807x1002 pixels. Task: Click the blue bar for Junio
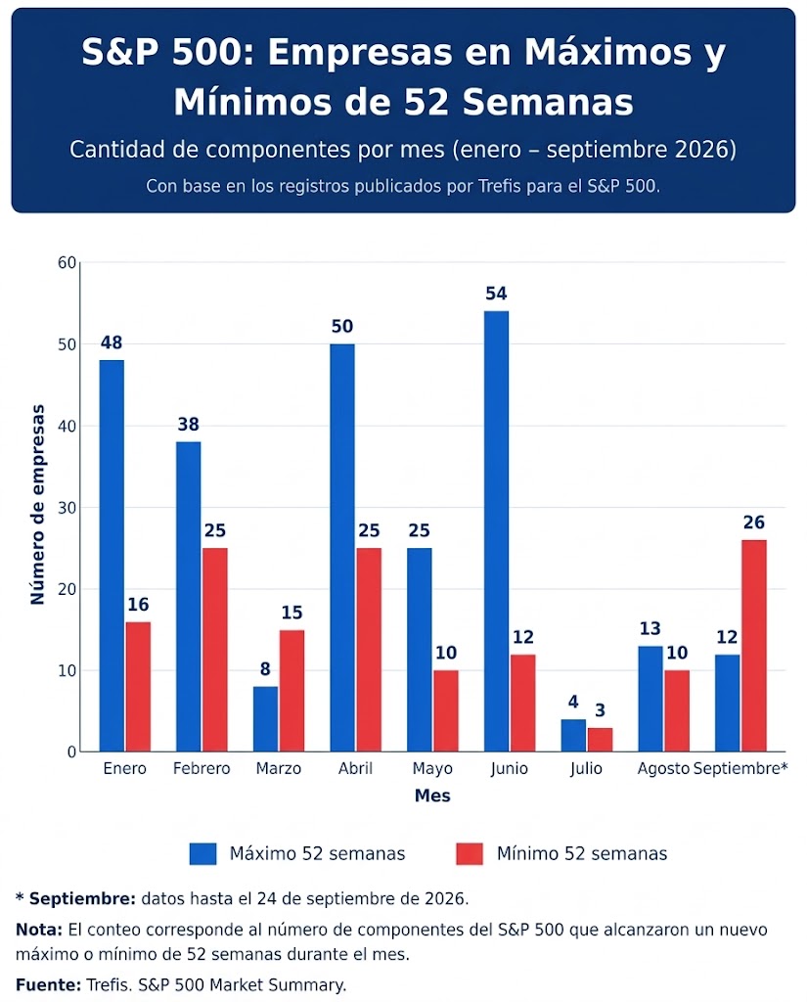coord(497,531)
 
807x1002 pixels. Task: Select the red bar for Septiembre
coord(754,646)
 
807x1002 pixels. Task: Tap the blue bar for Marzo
coord(265,719)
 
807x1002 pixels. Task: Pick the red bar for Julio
coord(600,740)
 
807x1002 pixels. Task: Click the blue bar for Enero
coord(112,556)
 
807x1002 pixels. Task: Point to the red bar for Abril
coord(369,650)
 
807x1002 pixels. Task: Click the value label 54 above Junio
coord(497,294)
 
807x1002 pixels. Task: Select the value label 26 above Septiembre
coord(754,523)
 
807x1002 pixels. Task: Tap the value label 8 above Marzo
coord(265,668)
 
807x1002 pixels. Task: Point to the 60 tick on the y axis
coord(67,262)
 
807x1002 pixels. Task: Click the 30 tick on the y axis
coord(67,508)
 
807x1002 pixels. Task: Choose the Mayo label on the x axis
coord(432,768)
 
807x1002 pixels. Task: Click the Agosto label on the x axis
coord(663,768)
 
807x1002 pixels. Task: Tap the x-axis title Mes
coord(432,796)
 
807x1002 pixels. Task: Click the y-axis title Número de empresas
coord(38,504)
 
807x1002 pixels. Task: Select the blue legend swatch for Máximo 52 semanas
coord(203,853)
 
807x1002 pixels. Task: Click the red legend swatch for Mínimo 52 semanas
coord(470,853)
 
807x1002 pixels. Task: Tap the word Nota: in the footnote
coord(39,930)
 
